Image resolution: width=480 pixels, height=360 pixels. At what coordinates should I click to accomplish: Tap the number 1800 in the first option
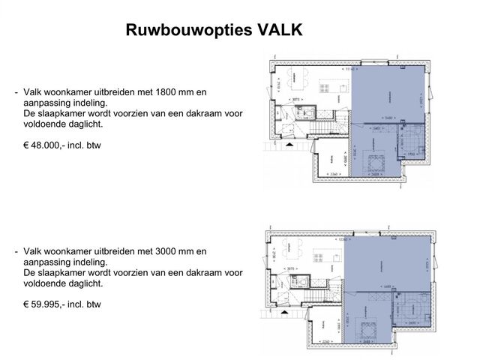[x=169, y=92]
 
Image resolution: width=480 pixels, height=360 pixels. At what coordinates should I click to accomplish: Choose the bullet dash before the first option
[x=16, y=92]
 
